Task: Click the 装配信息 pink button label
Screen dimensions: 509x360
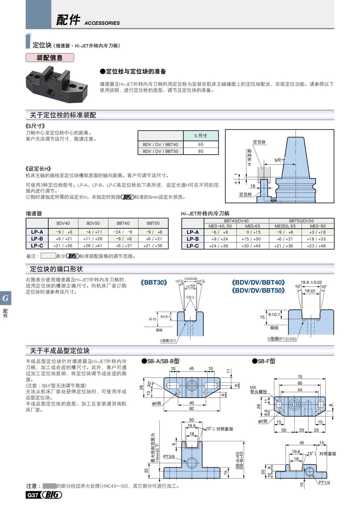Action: pyautogui.click(x=49, y=58)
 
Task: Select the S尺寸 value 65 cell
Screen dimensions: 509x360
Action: pyautogui.click(x=201, y=144)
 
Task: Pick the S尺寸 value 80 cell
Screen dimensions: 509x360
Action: pyautogui.click(x=201, y=151)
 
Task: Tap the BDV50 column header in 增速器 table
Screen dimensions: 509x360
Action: pyautogui.click(x=93, y=223)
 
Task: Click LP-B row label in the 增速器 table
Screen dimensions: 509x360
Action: pyautogui.click(x=37, y=239)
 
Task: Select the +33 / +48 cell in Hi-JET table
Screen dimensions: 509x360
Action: pyautogui.click(x=318, y=246)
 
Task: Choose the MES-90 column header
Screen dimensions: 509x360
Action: pyautogui.click(x=318, y=226)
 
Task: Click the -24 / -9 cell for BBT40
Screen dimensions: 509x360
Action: pyautogui.click(x=123, y=232)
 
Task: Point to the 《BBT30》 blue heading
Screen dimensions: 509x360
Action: pyautogui.click(x=154, y=283)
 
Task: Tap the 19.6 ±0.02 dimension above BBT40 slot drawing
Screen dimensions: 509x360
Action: pyautogui.click(x=311, y=282)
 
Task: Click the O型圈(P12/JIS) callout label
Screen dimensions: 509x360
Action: pyautogui.click(x=282, y=339)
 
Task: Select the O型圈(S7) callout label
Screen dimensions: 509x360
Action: pyautogui.click(x=168, y=340)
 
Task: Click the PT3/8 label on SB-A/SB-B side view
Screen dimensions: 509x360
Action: pyautogui.click(x=169, y=457)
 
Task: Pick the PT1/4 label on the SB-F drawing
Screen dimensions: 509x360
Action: pyautogui.click(x=324, y=482)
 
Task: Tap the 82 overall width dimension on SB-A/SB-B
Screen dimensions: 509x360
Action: pyautogui.click(x=191, y=408)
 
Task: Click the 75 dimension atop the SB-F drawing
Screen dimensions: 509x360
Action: pyautogui.click(x=300, y=377)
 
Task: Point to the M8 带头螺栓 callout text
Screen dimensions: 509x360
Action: pyautogui.click(x=258, y=390)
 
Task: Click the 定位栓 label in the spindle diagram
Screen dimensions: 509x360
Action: pyautogui.click(x=245, y=194)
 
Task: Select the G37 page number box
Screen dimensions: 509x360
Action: pyautogui.click(x=32, y=495)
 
